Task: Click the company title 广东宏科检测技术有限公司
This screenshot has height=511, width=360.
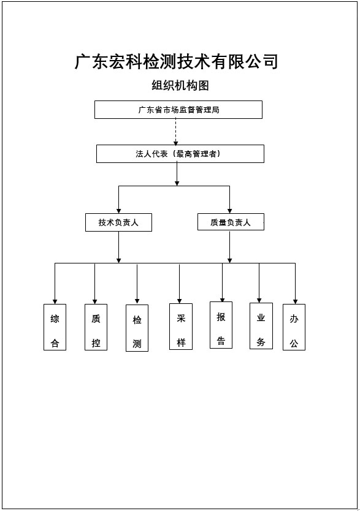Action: [177, 61]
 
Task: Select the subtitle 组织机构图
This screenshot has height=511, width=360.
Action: [180, 85]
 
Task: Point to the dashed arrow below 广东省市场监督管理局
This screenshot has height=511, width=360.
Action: [176, 132]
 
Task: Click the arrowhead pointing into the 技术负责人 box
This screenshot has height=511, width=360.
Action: [119, 211]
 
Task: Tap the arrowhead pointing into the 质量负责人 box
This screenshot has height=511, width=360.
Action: [229, 211]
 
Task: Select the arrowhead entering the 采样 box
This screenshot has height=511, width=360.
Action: [179, 301]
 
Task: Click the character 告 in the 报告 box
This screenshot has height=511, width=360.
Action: [221, 341]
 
